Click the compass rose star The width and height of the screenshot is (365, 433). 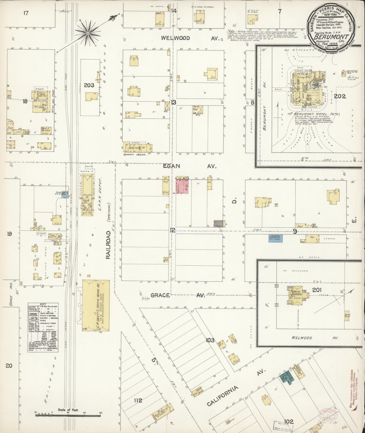(88, 33)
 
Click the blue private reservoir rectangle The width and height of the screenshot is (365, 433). (275, 239)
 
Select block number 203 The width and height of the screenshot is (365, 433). (89, 85)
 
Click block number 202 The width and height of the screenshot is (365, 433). (339, 96)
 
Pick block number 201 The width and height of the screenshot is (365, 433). (317, 290)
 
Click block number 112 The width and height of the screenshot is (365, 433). (138, 400)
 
